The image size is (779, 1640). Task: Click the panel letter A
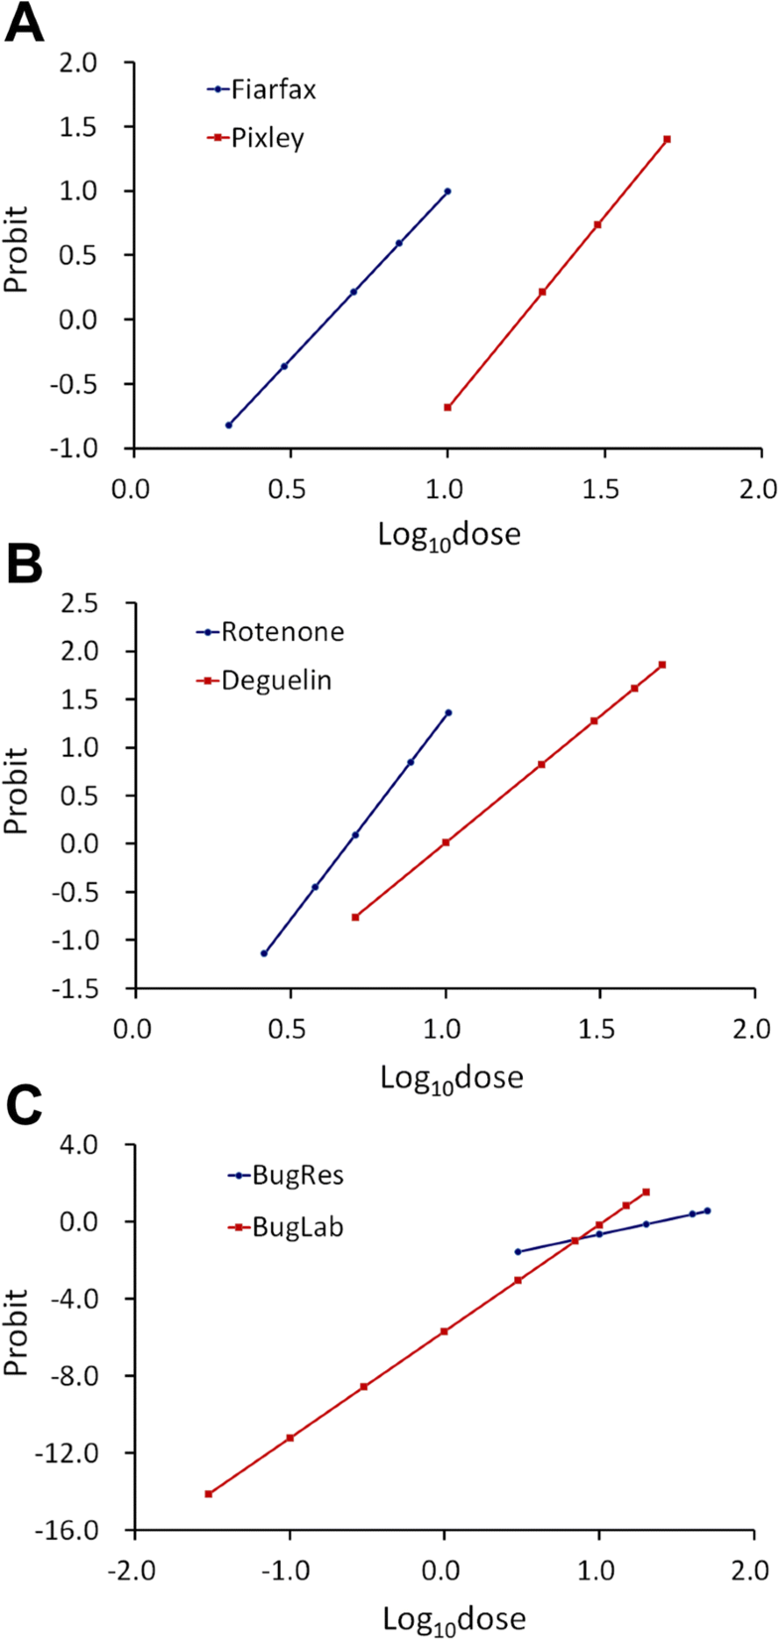(25, 24)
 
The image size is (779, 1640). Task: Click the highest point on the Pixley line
(667, 139)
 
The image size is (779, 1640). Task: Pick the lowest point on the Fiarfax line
(229, 425)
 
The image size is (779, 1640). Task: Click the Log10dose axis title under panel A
(449, 535)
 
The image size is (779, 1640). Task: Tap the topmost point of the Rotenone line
(449, 712)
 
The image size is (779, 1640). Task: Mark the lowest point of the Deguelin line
(355, 917)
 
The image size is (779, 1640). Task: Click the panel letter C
(25, 1107)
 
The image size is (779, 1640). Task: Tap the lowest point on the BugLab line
(208, 1493)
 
